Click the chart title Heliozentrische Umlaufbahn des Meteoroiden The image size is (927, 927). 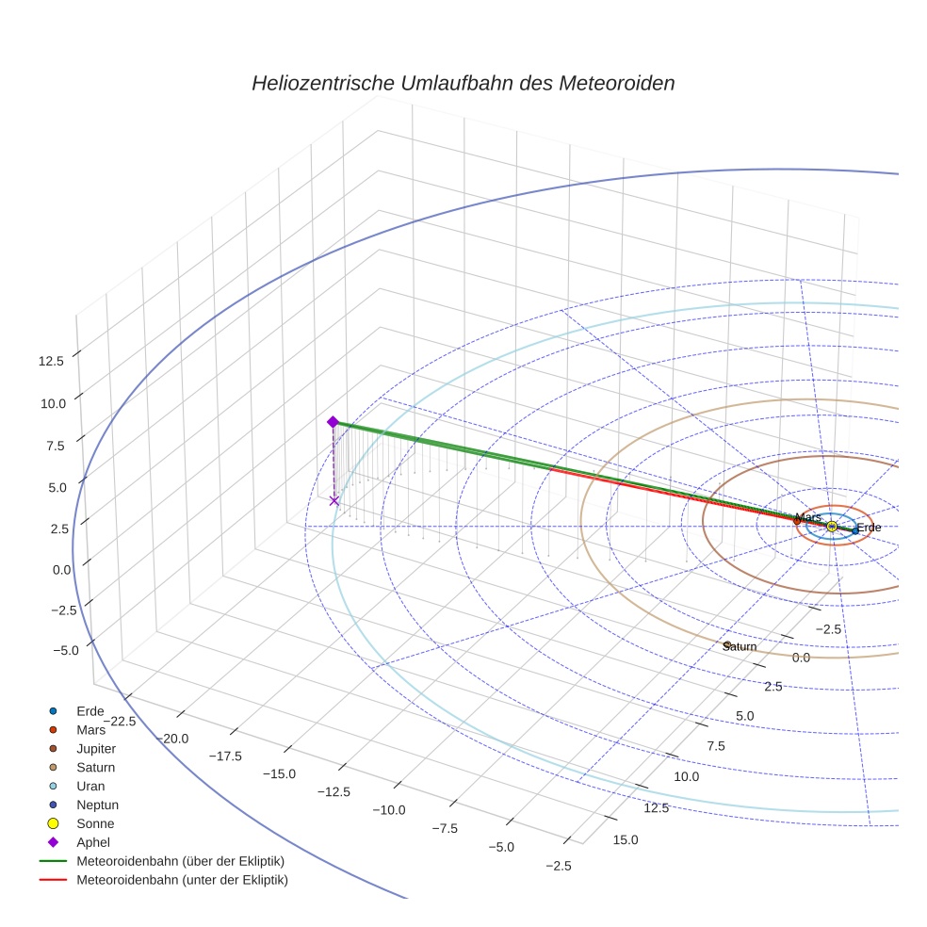click(x=463, y=83)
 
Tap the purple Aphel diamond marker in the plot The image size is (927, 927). click(x=333, y=422)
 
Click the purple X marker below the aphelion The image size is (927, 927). click(x=333, y=501)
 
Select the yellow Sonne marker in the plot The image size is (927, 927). click(x=832, y=527)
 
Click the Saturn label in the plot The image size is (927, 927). click(x=740, y=646)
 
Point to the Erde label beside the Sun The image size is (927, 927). click(x=869, y=528)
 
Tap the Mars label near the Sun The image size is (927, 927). click(x=808, y=518)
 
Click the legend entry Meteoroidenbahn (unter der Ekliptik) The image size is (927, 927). click(x=182, y=880)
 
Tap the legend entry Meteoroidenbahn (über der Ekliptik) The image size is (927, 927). click(x=180, y=861)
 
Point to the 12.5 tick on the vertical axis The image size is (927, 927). click(x=52, y=361)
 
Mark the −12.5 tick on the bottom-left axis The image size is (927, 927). click(x=333, y=791)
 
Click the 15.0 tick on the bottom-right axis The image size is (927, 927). click(x=625, y=839)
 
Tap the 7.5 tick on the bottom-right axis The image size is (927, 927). click(x=715, y=746)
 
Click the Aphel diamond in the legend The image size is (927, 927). click(x=53, y=842)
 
